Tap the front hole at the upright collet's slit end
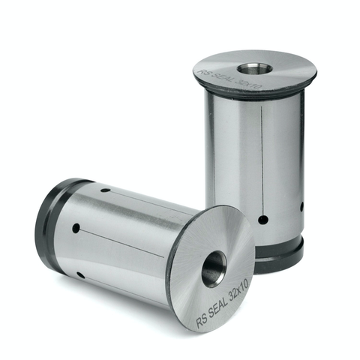click(x=262, y=220)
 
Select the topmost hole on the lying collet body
click(x=106, y=190)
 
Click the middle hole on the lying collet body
click(x=76, y=228)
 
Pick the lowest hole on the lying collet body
click(x=80, y=274)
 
